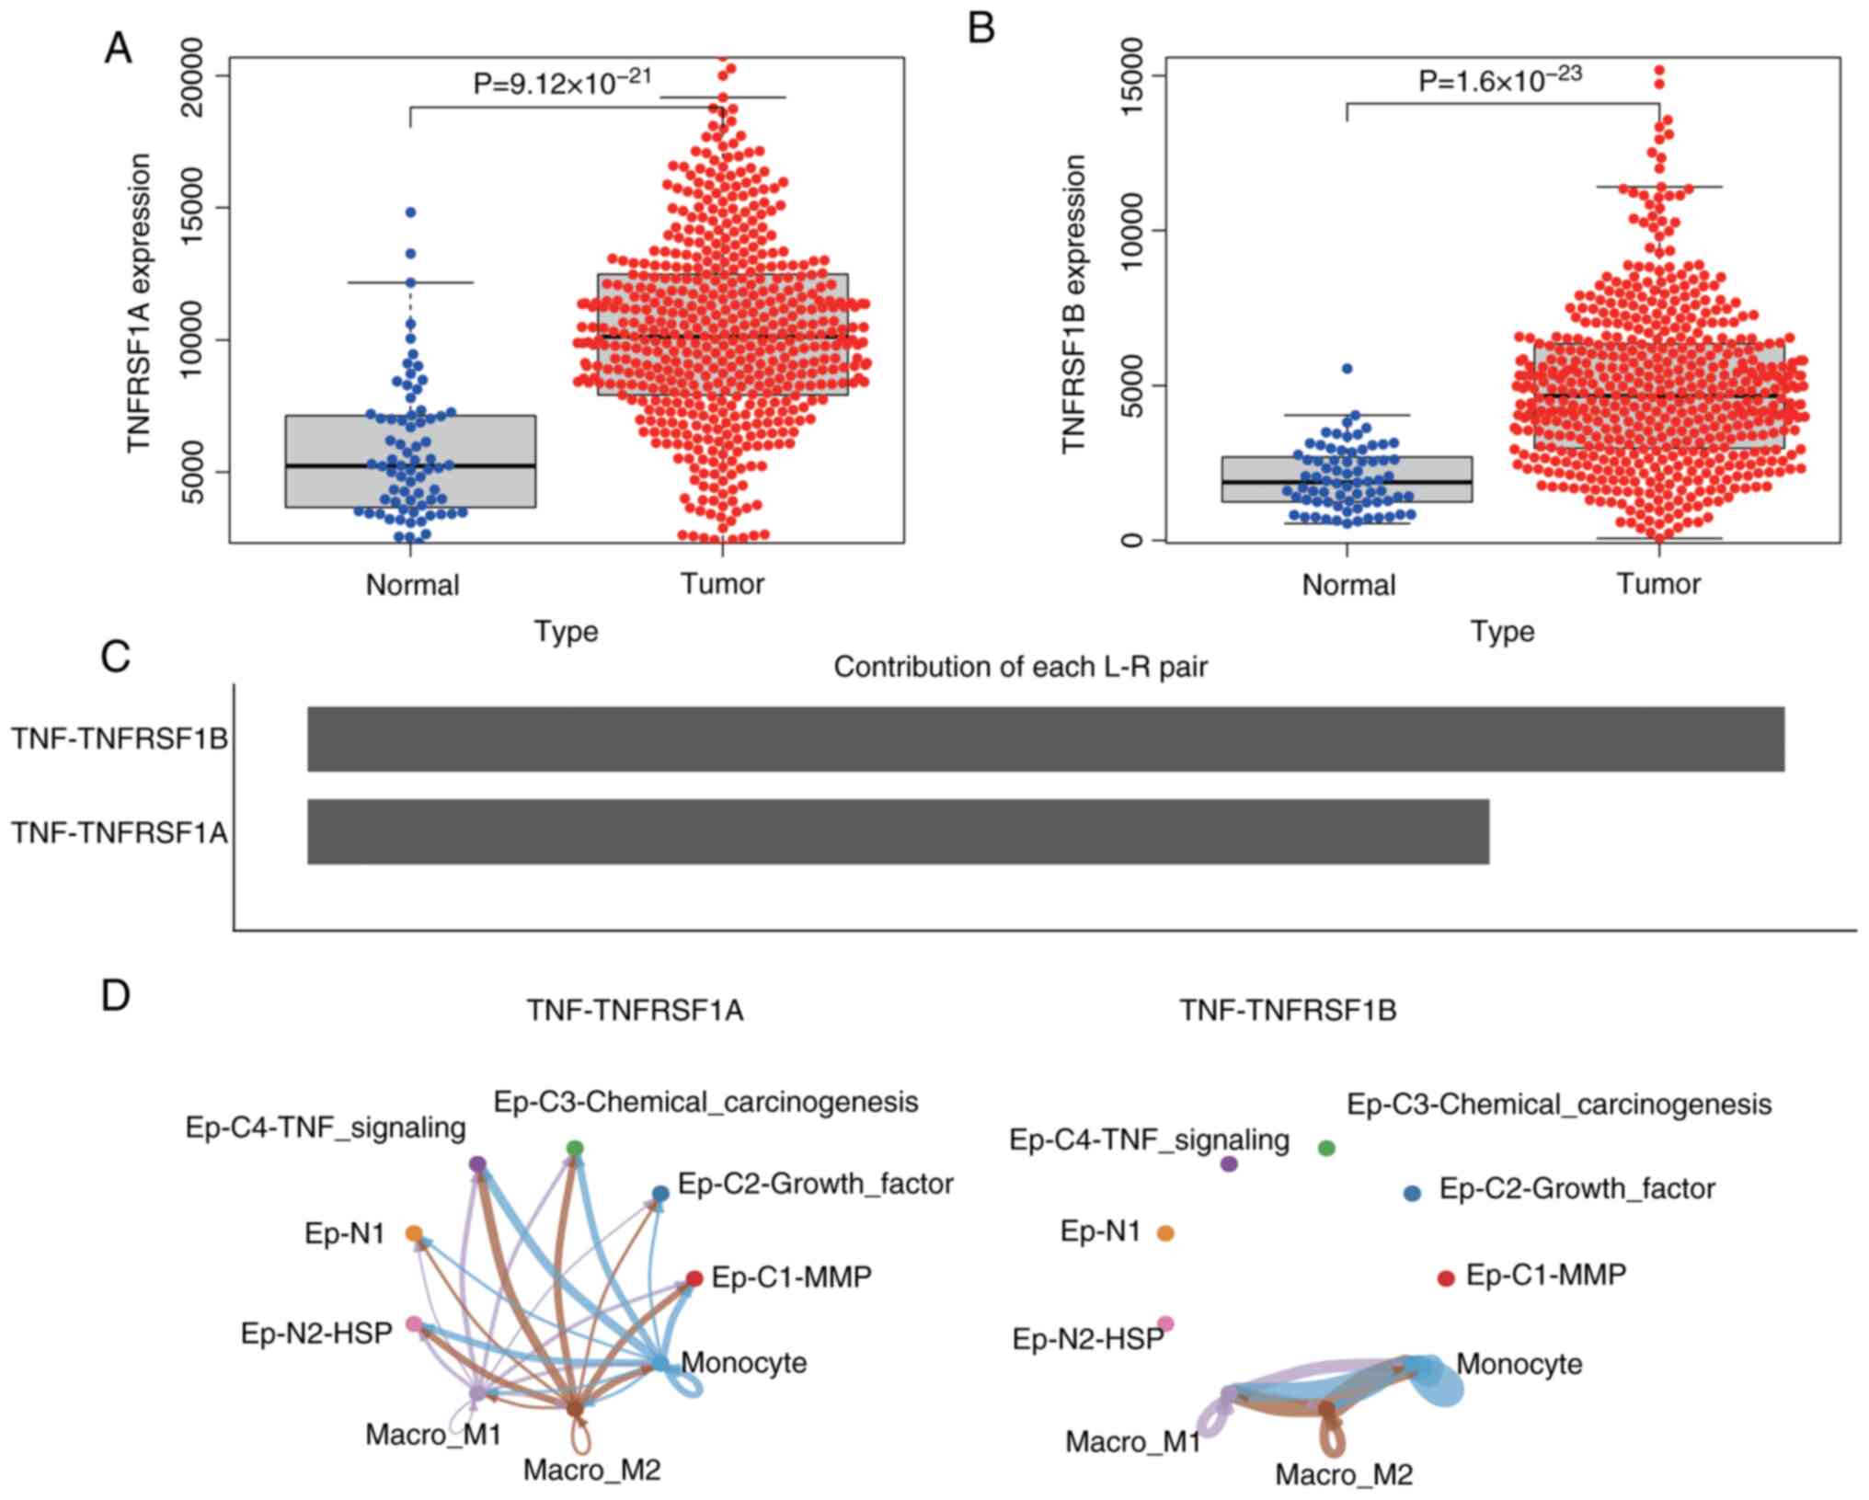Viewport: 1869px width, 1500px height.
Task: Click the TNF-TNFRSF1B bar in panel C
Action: coord(1045,739)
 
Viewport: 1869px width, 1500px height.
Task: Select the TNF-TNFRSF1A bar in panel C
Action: coord(898,831)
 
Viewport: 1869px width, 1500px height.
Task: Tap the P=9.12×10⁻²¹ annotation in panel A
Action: coord(562,83)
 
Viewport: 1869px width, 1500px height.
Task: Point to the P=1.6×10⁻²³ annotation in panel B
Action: coord(1499,80)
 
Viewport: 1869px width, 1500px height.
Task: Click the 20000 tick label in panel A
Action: coord(193,75)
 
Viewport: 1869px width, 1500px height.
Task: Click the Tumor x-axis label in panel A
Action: coord(723,584)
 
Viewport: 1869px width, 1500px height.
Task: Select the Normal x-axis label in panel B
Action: coord(1348,584)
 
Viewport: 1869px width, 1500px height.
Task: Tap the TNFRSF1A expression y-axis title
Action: coord(139,303)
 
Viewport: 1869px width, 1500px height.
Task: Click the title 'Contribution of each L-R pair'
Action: coord(1020,667)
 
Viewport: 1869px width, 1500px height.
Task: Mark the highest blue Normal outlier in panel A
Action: coord(410,212)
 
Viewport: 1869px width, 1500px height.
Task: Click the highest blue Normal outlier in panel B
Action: coord(1347,368)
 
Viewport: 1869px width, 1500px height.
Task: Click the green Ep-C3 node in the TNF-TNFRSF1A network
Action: coord(575,1148)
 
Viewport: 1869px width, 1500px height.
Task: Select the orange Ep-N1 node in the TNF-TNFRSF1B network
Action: coord(1165,1233)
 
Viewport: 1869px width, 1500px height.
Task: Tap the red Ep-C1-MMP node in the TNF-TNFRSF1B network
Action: coord(1446,1277)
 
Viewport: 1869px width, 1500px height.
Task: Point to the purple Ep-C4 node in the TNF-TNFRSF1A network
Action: coord(477,1164)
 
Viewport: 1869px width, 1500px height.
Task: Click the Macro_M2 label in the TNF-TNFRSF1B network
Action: coord(1343,1475)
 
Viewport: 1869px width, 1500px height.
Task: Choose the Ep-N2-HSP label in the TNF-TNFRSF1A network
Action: coord(316,1333)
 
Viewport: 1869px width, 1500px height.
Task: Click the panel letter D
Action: coord(116,996)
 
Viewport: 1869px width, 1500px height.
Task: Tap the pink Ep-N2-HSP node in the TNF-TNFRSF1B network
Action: coord(1165,1323)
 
